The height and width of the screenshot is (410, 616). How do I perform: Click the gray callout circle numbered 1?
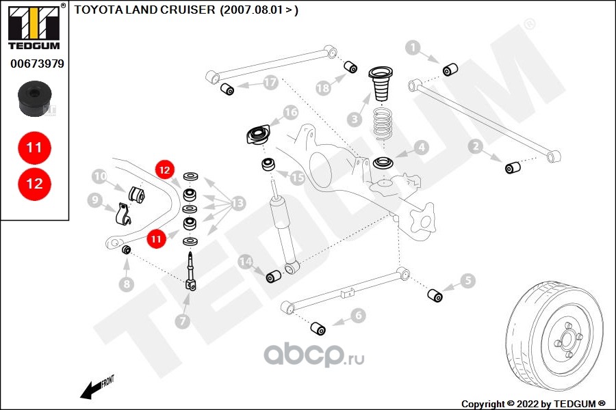[x=413, y=47]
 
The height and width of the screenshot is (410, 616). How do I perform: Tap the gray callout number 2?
[x=475, y=145]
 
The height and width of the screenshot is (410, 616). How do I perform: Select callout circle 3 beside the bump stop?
[x=354, y=119]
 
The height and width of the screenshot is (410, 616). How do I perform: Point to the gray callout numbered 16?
[x=292, y=112]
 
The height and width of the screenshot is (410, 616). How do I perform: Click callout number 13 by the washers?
[x=238, y=203]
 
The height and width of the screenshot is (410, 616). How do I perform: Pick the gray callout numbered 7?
[x=182, y=320]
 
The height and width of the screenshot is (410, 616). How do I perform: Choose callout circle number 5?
[x=467, y=279]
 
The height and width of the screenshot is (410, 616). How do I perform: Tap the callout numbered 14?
[x=246, y=262]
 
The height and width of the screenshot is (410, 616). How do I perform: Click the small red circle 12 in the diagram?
[x=164, y=169]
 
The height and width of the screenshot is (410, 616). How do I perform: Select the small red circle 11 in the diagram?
[x=157, y=238]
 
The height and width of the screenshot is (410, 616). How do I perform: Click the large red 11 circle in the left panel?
[x=34, y=147]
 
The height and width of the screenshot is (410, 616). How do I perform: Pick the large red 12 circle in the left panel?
[x=34, y=183]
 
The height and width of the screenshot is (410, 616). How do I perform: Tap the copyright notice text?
[x=533, y=403]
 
